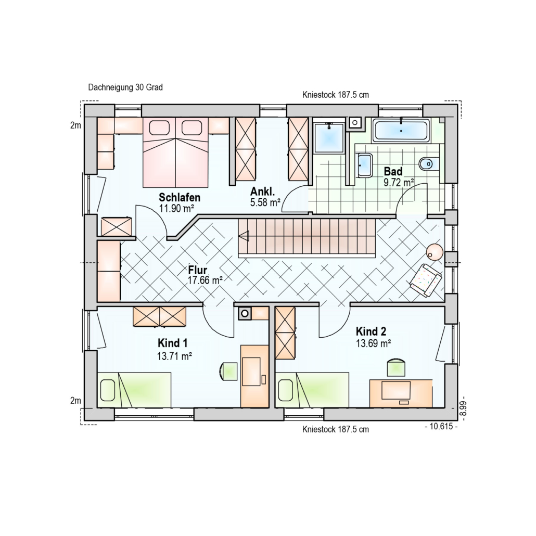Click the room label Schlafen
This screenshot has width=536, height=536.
180,197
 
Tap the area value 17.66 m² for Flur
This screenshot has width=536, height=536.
205,280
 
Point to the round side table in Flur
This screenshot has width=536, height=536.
435,252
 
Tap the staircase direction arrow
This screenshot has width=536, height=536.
244,236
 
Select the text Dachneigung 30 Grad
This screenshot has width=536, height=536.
125,87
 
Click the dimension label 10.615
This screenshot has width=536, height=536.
441,426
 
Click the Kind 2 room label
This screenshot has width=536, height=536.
371,331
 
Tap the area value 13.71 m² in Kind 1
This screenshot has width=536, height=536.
174,356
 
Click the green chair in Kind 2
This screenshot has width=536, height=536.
396,368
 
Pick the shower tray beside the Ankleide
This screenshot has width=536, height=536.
329,137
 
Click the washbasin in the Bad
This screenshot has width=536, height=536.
364,165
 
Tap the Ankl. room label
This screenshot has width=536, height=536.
262,192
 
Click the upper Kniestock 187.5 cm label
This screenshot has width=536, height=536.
335,95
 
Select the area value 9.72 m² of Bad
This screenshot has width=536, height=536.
399,183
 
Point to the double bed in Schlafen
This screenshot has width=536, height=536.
175,152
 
